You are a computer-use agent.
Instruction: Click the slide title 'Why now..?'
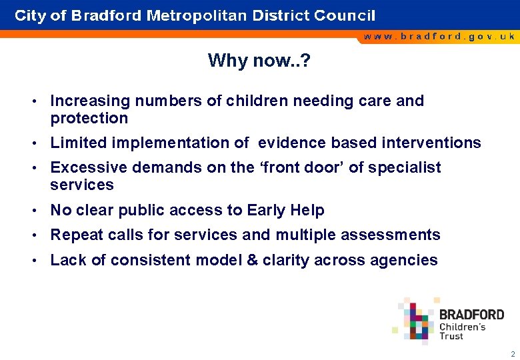[259, 61]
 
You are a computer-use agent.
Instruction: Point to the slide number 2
[512, 354]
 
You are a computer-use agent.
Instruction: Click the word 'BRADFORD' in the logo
[472, 315]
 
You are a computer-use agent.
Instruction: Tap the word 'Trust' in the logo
[451, 336]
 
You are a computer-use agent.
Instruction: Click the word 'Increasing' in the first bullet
[90, 101]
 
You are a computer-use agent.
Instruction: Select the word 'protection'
[89, 118]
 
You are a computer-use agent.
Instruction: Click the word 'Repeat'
[76, 235]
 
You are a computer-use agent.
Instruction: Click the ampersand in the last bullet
[252, 260]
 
